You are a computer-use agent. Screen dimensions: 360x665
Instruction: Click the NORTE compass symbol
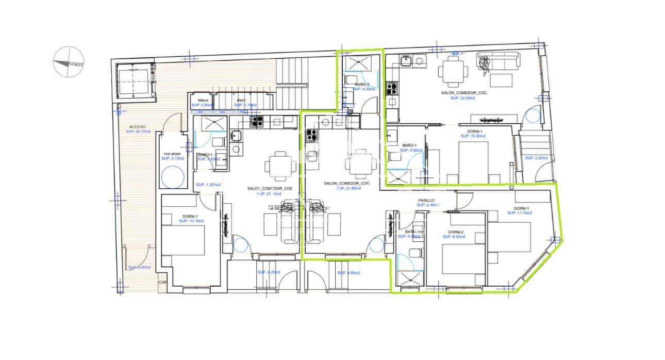point(69,62)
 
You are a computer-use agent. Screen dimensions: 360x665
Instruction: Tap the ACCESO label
point(137,126)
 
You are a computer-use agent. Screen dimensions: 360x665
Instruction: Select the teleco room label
point(202,100)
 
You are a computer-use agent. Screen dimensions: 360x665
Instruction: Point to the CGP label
point(163,282)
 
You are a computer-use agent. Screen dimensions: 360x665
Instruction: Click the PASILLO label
point(426,200)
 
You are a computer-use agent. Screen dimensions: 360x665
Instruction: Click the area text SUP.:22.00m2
point(462,97)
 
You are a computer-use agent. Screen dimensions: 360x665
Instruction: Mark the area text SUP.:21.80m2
point(348,188)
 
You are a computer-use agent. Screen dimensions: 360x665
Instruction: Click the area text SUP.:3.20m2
point(537,157)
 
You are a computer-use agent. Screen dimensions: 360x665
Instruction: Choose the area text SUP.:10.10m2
point(192,221)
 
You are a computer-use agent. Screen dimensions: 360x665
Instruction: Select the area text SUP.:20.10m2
point(138,132)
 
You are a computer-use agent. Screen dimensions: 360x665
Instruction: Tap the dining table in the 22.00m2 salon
point(454,70)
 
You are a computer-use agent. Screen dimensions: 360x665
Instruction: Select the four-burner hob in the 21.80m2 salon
point(312,135)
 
